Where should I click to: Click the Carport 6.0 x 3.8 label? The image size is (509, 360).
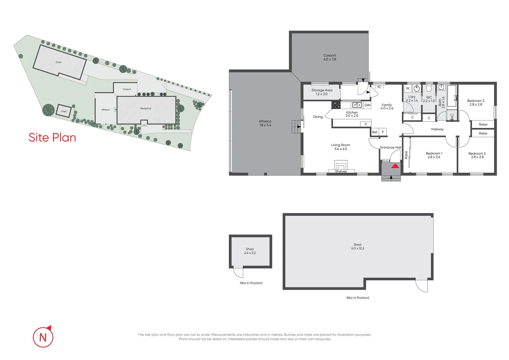pos(329,57)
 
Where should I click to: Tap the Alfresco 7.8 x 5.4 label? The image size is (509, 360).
pos(265,123)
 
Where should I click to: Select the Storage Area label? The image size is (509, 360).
pos(321,92)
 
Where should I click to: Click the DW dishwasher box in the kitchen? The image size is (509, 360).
pos(367,105)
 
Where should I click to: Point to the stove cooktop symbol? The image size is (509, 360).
pos(336,105)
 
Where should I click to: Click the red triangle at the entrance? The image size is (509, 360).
pos(395,166)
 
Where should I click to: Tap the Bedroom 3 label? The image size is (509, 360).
pos(475,102)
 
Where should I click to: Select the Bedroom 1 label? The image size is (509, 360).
pos(434,155)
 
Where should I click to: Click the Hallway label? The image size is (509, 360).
pos(437,129)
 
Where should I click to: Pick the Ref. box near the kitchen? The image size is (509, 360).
pos(375,132)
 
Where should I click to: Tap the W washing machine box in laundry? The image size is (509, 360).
pos(408,88)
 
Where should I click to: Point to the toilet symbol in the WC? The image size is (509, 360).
pos(429,88)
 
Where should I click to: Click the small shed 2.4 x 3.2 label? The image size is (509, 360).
pos(250,251)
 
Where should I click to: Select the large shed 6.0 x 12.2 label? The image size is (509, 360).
pos(357,246)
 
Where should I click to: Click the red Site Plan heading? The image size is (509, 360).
pos(52,137)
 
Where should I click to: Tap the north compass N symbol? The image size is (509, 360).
pos(43,337)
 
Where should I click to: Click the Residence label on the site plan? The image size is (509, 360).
pos(146,108)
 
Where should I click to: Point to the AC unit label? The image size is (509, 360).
pos(379,87)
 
